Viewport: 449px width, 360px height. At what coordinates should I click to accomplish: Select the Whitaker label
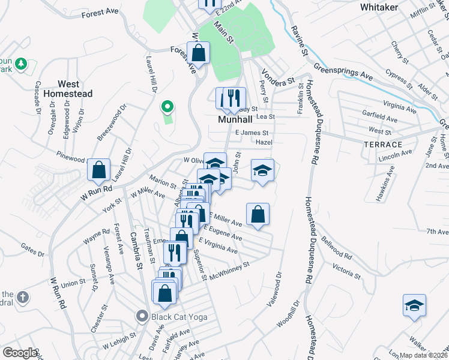[380, 7]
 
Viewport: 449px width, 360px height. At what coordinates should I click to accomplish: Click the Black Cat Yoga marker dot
[142, 315]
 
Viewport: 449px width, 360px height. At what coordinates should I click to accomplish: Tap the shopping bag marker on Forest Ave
[198, 53]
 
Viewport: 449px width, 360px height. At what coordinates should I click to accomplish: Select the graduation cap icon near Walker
[414, 305]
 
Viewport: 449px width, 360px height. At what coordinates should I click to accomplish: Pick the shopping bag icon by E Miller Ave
[258, 214]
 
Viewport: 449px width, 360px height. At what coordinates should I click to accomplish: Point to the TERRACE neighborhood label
[382, 145]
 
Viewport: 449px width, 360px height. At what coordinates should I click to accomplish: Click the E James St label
[251, 132]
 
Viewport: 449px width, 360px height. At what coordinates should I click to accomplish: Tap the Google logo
[19, 353]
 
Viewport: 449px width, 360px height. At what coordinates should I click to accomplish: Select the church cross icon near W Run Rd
[22, 297]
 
